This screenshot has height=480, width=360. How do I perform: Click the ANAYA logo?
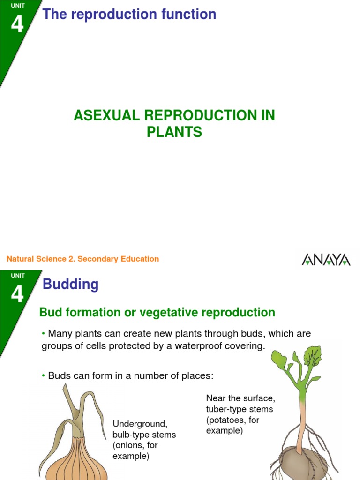click(326, 259)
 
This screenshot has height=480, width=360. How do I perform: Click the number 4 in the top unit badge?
click(17, 24)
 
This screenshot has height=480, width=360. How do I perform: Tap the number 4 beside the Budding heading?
click(17, 294)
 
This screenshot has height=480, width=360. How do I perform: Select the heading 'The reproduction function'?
click(129, 15)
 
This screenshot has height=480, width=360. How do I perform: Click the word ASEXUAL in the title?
click(105, 116)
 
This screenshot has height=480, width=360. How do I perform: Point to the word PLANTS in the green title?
click(174, 132)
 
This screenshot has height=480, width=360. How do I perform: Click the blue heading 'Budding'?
click(71, 284)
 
